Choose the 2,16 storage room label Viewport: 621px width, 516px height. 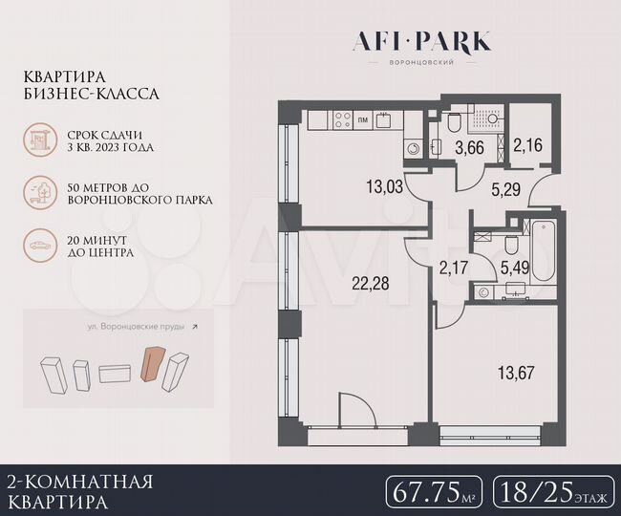pyautogui.click(x=527, y=146)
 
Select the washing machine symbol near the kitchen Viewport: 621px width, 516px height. pyautogui.click(x=414, y=147)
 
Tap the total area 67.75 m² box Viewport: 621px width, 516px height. pyautogui.click(x=435, y=493)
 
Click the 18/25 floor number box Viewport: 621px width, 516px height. pyautogui.click(x=552, y=493)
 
